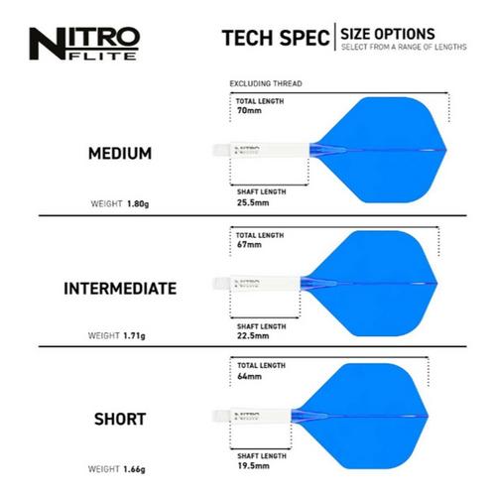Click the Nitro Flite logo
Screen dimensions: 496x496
pos(84,44)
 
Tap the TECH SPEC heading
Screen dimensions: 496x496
pos(276,38)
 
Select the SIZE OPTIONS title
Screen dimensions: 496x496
pos(388,34)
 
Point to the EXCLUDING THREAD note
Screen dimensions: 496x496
pos(266,83)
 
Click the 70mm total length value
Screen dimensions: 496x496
pos(249,110)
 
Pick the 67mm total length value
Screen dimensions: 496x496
pos(249,245)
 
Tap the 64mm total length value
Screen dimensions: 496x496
pos(249,376)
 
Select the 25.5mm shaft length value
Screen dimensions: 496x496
pos(253,202)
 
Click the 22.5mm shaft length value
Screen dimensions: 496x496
pos(253,335)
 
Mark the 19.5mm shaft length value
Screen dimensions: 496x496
pos(253,465)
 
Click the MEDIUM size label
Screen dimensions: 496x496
pos(120,154)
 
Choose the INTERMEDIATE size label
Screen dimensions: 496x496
pos(120,289)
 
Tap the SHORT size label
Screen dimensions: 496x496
pos(120,420)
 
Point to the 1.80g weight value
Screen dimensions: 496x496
pos(138,203)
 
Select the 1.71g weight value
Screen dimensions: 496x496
pos(134,336)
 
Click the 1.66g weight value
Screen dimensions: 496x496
pos(134,469)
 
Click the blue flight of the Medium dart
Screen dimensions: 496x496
pos(380,150)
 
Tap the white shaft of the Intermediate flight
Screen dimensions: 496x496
pos(257,284)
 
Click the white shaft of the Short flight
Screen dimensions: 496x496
pos(252,416)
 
